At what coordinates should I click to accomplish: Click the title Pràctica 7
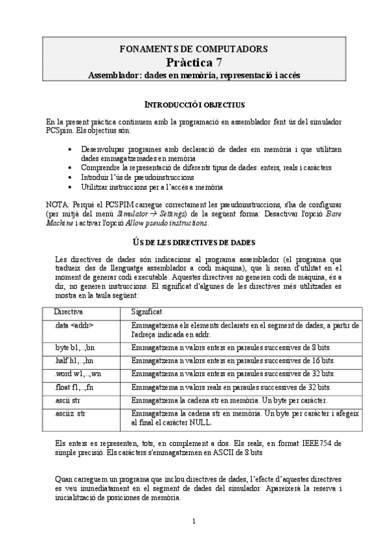[x=194, y=62]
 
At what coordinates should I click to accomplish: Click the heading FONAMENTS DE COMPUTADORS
[x=194, y=49]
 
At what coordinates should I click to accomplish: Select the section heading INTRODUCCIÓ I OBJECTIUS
[x=194, y=104]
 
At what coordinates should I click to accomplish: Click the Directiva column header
[x=68, y=312]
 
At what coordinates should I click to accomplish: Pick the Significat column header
[x=146, y=312]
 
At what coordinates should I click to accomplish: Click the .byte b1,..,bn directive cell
[x=76, y=347]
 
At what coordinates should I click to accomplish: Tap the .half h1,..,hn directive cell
[x=75, y=361]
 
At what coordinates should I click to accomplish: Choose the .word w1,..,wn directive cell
[x=78, y=374]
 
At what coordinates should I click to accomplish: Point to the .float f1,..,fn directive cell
[x=75, y=387]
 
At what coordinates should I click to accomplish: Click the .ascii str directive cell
[x=67, y=400]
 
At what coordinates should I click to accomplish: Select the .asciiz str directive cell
[x=69, y=412]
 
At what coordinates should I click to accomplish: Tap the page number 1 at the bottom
[x=194, y=521]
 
